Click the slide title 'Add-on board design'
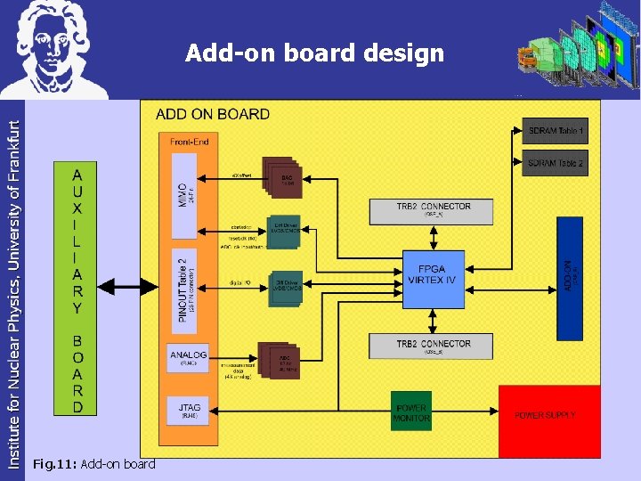314,53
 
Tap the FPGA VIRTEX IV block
432,273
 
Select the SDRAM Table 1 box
555,132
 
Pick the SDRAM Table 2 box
555,163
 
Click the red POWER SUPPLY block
548,418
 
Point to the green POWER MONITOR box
411,413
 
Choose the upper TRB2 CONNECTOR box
432,210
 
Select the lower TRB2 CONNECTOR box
432,346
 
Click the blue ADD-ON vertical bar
570,278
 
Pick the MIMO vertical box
183,196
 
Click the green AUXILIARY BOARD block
77,287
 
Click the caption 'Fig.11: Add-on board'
93,464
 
